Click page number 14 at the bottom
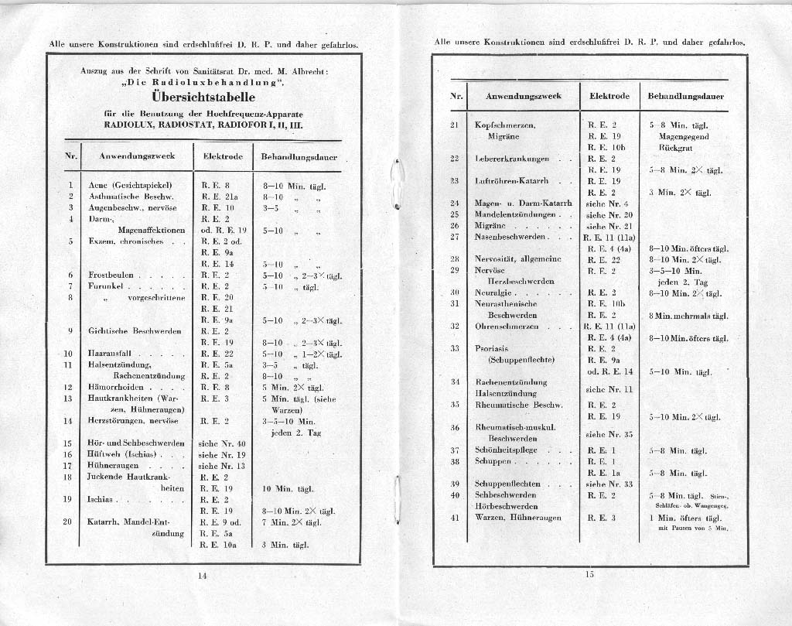pos(203,574)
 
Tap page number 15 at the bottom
pos(589,573)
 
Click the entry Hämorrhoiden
pos(114,387)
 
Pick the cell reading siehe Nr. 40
pos(222,443)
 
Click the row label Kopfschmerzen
pos(505,125)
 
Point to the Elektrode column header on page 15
pos(609,96)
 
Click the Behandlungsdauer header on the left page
pos(299,156)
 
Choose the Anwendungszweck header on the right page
pos(523,96)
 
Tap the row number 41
pos(455,517)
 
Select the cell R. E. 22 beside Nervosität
pos(604,259)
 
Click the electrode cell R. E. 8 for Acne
pos(216,186)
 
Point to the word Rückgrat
pos(674,147)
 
